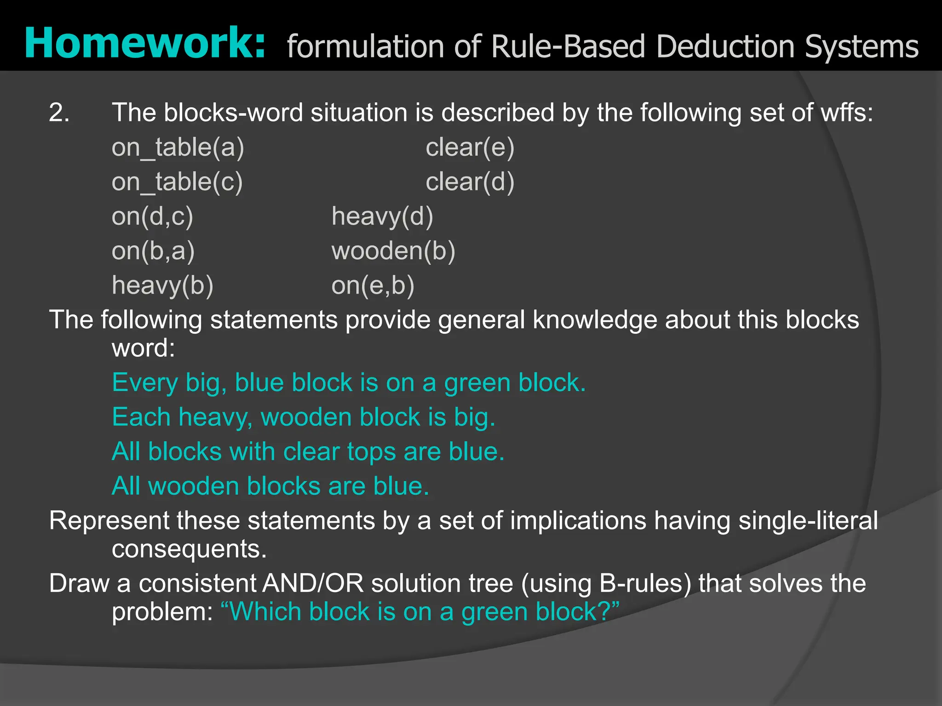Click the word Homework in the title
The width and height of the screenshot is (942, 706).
click(144, 44)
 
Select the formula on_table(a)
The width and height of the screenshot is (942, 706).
click(178, 148)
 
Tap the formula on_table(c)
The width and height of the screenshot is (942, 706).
click(177, 182)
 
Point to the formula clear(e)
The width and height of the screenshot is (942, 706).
click(470, 148)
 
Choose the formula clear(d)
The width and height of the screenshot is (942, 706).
click(470, 182)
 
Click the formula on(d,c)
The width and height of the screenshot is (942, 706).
click(152, 216)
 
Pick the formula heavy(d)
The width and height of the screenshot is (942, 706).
click(382, 216)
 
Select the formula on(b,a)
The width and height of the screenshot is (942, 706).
click(153, 251)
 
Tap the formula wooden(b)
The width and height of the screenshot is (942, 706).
click(393, 251)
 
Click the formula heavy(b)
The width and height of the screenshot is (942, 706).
click(162, 285)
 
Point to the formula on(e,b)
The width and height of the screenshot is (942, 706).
click(373, 285)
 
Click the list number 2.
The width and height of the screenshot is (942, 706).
click(59, 113)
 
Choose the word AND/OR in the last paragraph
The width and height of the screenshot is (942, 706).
click(313, 584)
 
